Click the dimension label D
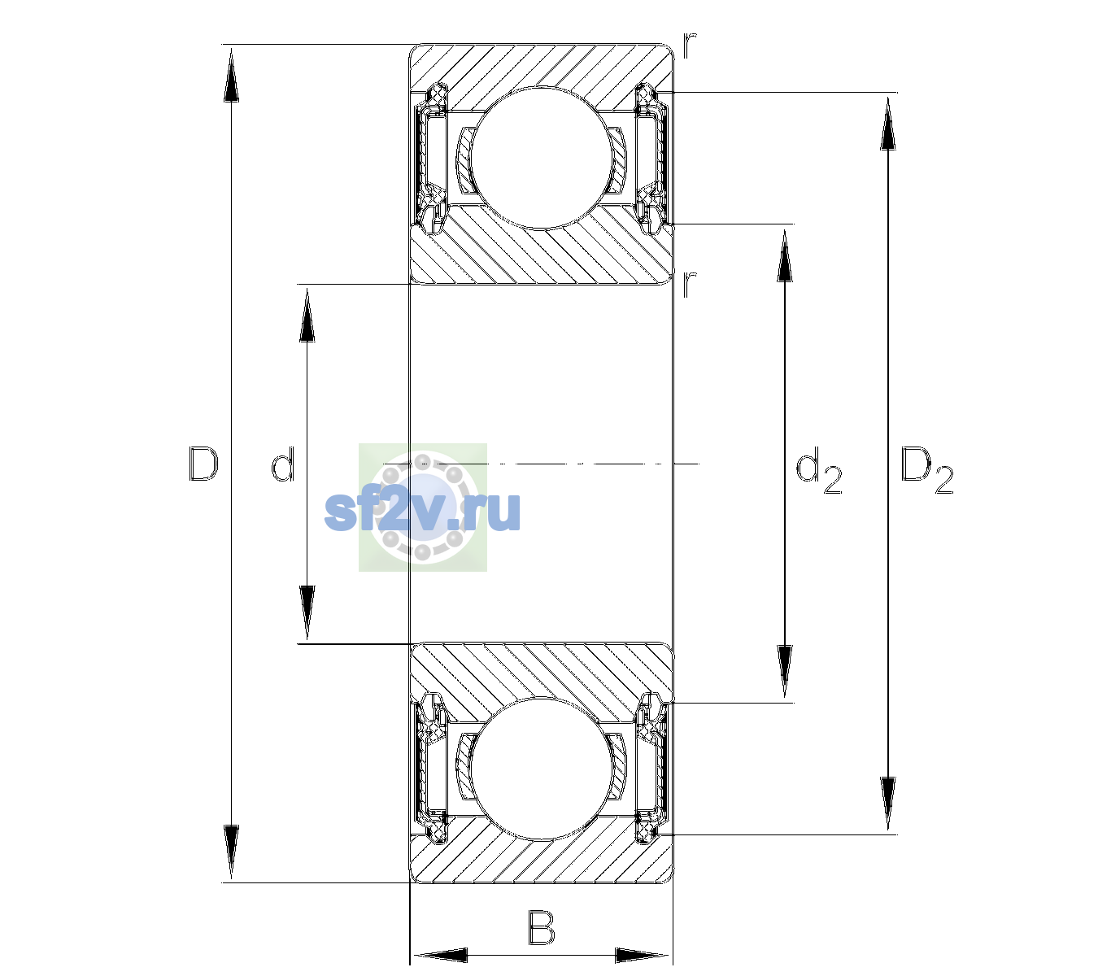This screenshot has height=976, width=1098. [x=203, y=464]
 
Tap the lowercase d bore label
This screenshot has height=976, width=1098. [x=283, y=464]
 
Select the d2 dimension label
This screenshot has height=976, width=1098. [x=818, y=470]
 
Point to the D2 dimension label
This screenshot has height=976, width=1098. [x=926, y=470]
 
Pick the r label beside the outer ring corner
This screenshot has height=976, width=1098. [x=690, y=46]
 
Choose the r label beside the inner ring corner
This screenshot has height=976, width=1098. [x=689, y=284]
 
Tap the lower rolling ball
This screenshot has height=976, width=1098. [x=542, y=769]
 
